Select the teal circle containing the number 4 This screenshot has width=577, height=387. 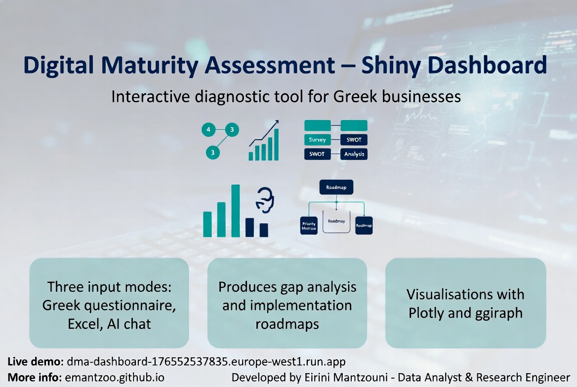(208, 130)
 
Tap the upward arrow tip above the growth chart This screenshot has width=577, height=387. (277, 122)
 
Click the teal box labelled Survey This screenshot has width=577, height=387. (317, 140)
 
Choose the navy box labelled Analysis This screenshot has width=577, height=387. (354, 154)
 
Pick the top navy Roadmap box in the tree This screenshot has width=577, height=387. (336, 187)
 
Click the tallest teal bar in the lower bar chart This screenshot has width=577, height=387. (236, 210)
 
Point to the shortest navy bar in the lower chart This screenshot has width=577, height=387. (264, 230)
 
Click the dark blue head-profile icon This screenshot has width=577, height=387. (265, 200)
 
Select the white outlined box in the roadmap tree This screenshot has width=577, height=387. (336, 222)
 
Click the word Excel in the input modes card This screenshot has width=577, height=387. (84, 324)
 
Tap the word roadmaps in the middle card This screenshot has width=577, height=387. (287, 324)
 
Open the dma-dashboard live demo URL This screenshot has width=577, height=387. (206, 361)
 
